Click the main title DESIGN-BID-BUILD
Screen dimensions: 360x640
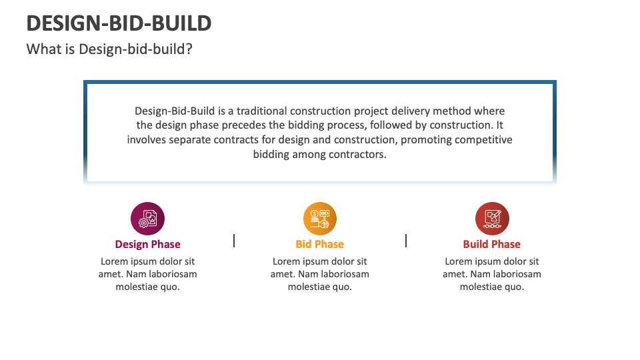point(119,23)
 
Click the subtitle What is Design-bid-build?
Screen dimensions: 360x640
point(109,49)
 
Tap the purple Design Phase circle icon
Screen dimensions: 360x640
point(148,219)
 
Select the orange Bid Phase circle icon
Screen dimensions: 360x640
point(320,219)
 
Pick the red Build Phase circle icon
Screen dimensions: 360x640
point(492,219)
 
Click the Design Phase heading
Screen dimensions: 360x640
point(148,244)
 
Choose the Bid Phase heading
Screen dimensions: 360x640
point(320,244)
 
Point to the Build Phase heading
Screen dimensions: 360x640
point(492,244)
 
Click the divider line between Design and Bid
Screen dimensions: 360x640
point(234,241)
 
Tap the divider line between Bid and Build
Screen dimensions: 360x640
point(406,241)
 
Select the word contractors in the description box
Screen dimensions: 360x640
point(361,155)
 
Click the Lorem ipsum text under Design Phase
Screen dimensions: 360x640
point(148,274)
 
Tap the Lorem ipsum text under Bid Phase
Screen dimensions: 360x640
point(320,274)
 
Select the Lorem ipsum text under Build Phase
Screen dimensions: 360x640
point(492,274)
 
